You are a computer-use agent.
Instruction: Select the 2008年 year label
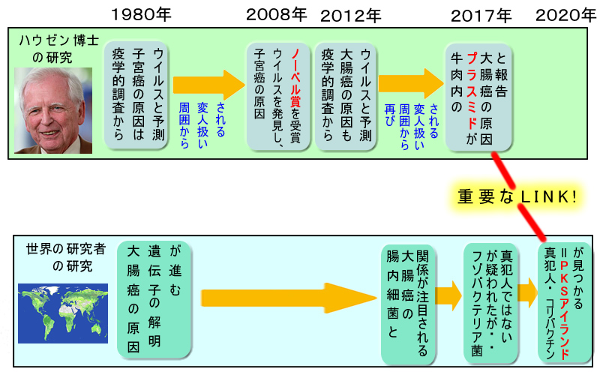(x=277, y=14)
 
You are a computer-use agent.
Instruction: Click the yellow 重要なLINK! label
(x=517, y=196)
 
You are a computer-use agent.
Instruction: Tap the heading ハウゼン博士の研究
(x=46, y=49)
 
